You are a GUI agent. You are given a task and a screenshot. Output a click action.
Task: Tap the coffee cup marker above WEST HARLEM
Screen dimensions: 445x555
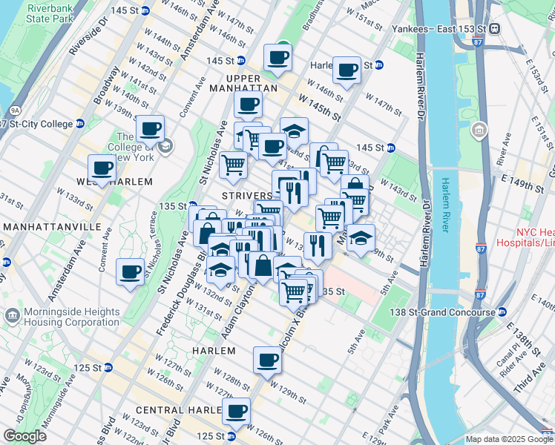(x=102, y=168)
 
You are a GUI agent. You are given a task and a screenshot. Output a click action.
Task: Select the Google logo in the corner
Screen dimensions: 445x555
(x=24, y=436)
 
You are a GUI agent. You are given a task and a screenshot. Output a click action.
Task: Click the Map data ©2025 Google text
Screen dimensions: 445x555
(x=508, y=439)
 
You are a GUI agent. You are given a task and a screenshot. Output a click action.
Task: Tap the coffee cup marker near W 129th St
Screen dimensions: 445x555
(x=267, y=360)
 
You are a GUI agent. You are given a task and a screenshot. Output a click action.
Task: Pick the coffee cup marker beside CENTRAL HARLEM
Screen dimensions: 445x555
(x=237, y=411)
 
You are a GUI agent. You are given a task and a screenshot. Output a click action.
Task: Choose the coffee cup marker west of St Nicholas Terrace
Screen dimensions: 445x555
(x=131, y=271)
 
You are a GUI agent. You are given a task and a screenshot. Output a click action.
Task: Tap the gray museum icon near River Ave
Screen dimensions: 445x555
(x=479, y=132)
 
